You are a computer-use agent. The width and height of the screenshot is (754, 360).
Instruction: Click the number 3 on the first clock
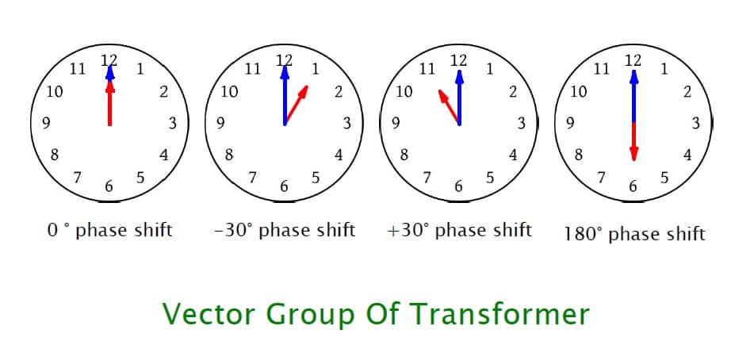click(172, 124)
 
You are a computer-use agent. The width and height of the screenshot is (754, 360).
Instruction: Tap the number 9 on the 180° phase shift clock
click(570, 124)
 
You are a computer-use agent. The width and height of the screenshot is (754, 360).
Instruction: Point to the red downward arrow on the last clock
click(633, 143)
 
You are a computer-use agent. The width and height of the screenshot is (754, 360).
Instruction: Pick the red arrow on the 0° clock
click(109, 103)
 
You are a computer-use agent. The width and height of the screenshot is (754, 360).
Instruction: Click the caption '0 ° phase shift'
click(109, 231)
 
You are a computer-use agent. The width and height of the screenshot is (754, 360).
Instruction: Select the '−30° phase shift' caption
click(285, 231)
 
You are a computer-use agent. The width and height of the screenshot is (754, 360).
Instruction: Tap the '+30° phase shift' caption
click(459, 231)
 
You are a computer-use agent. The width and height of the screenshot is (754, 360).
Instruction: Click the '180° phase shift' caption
click(634, 233)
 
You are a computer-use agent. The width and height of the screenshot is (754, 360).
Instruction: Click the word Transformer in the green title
click(499, 314)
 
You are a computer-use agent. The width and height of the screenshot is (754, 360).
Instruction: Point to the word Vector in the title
click(208, 314)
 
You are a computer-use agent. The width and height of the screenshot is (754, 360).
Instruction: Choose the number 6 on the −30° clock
click(284, 187)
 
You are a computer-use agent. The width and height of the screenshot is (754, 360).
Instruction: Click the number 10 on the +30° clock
click(404, 91)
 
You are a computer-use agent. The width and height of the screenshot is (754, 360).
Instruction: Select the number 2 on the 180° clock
click(687, 91)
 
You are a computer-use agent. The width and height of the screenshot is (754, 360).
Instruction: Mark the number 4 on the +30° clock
click(513, 155)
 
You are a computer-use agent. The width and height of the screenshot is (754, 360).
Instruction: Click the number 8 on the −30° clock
click(229, 155)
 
